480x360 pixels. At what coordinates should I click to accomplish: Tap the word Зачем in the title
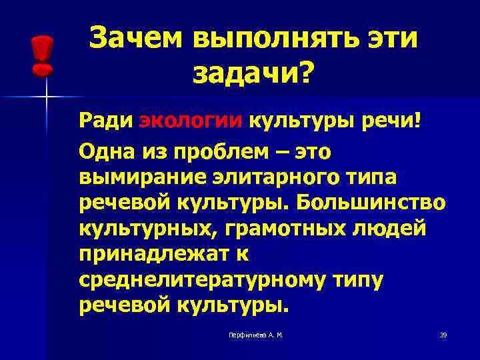click(135, 37)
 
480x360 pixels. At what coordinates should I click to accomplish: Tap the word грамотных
click(279, 227)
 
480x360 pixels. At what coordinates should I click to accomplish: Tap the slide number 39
click(443, 335)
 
